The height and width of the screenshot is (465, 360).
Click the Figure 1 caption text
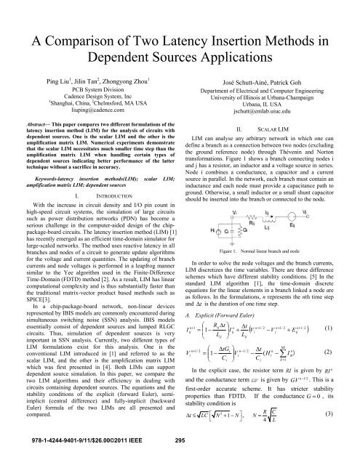(x=270, y=251)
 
